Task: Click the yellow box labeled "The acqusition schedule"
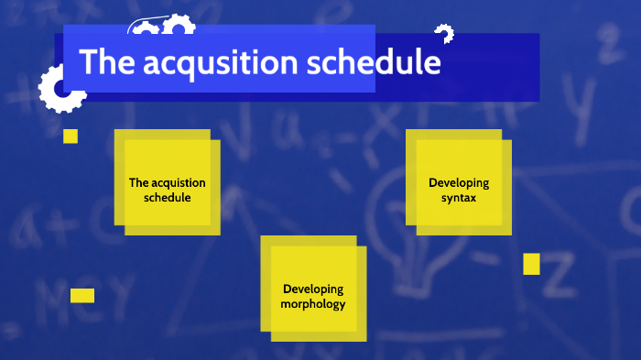[168, 189]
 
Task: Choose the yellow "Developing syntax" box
[459, 189]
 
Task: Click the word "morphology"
[313, 303]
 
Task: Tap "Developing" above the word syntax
[459, 182]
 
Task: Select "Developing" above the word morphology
[313, 289]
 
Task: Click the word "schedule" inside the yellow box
[168, 197]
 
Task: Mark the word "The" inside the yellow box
[138, 182]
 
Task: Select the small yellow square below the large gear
[71, 136]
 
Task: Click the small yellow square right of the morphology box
[531, 264]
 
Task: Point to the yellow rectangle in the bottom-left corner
[82, 295]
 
